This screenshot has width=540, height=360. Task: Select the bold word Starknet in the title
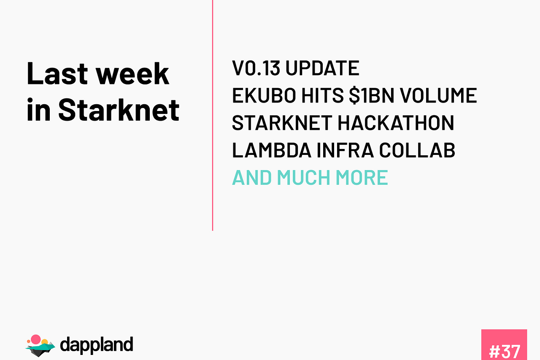pos(119,110)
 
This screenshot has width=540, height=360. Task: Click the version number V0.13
pos(256,68)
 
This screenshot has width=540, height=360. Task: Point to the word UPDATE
pos(322,68)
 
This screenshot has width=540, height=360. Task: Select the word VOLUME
pos(438,96)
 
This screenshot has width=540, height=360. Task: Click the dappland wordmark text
pos(97,345)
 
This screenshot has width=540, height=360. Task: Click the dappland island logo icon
pos(40,345)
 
